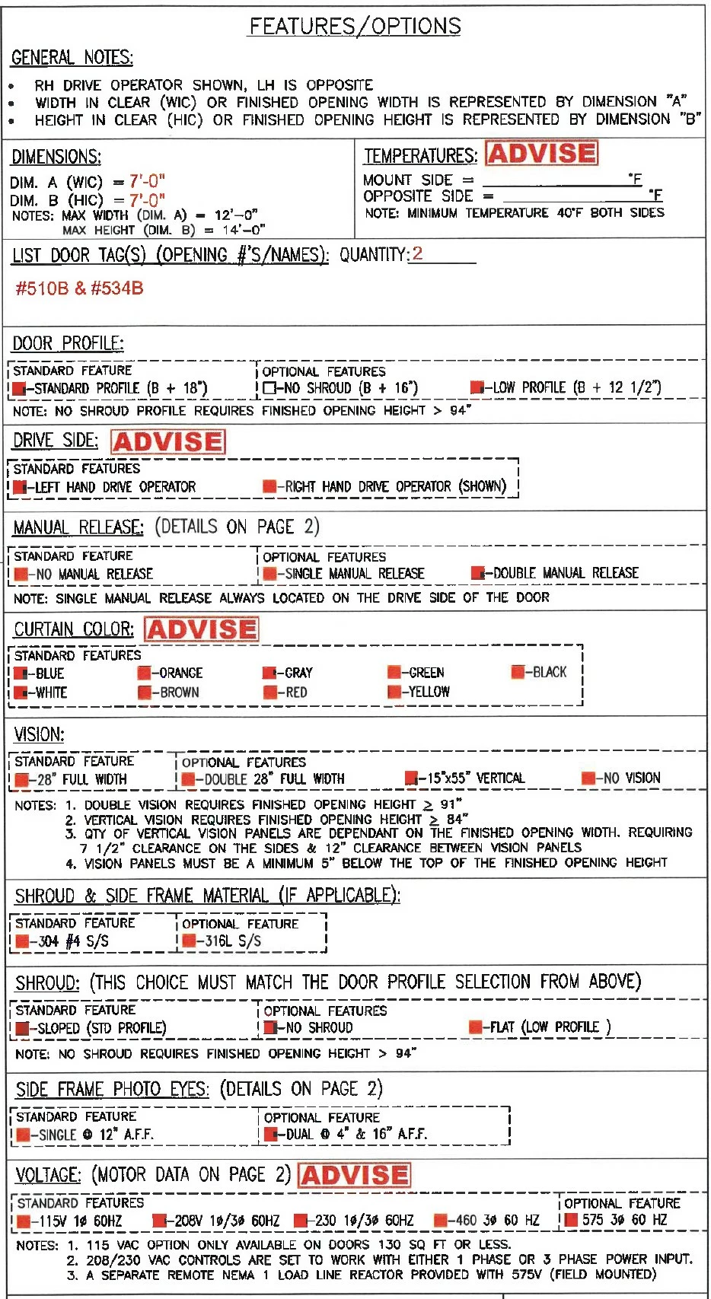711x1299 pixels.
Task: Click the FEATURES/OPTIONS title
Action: [x=355, y=27]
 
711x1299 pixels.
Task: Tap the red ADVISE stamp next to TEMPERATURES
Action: [x=541, y=154]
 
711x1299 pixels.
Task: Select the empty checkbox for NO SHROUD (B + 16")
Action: [x=269, y=388]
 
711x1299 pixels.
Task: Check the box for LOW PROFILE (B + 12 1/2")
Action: [x=477, y=387]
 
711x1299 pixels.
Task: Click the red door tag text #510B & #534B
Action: [x=79, y=288]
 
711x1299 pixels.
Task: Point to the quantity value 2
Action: [x=417, y=253]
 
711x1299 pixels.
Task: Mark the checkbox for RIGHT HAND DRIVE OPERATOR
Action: [x=269, y=486]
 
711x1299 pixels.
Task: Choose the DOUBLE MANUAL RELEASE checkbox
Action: [x=477, y=573]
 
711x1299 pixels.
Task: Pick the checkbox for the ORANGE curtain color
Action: [x=144, y=673]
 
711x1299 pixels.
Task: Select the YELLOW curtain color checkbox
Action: [x=394, y=692]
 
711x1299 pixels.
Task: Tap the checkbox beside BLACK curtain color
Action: [x=518, y=672]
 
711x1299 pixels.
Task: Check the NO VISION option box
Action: [x=588, y=778]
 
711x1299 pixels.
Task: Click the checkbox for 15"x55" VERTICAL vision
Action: [x=411, y=778]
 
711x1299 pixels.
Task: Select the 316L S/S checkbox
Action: [x=189, y=941]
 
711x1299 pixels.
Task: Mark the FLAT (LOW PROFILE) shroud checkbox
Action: [x=475, y=1027]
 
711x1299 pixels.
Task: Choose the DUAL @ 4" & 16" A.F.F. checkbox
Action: [x=270, y=1135]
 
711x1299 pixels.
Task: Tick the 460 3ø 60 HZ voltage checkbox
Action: [x=440, y=1221]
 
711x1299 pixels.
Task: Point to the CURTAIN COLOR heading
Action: [x=73, y=630]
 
